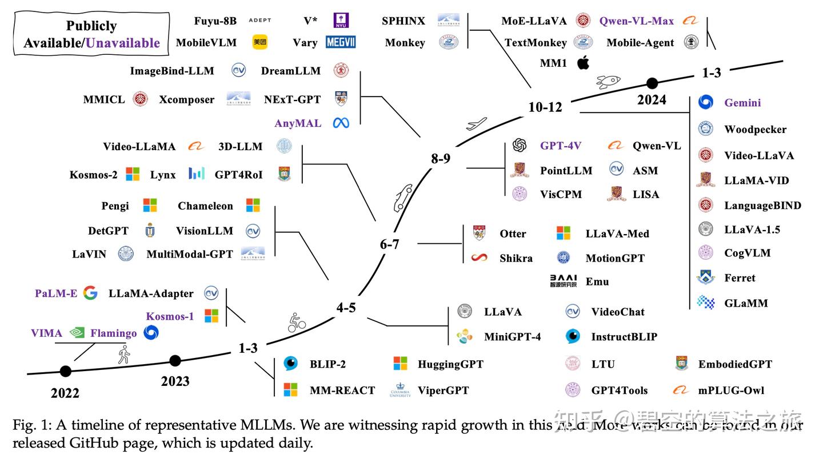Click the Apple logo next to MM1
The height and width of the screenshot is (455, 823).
(x=583, y=63)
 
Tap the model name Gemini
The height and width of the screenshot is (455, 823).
(x=742, y=103)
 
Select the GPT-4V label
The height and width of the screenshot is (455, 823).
(x=560, y=146)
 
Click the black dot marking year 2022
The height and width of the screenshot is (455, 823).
(x=66, y=372)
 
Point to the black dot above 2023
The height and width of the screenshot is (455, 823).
(x=175, y=361)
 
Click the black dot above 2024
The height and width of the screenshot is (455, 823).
(x=652, y=83)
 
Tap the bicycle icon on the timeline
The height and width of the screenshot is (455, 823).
(x=297, y=323)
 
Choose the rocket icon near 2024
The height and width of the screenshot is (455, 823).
(x=608, y=81)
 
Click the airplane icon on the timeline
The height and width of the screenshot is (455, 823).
(x=476, y=124)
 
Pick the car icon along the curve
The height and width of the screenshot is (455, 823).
(x=403, y=197)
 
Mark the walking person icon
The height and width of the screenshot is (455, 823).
(x=124, y=355)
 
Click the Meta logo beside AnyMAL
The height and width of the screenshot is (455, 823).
(x=341, y=123)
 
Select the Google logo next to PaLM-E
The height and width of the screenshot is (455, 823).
(x=90, y=293)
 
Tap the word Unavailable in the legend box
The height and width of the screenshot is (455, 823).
(x=123, y=43)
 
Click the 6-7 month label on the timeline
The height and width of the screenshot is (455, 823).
(x=389, y=244)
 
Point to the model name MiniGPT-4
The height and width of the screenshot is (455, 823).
(x=512, y=337)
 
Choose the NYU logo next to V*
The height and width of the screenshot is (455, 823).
(x=341, y=21)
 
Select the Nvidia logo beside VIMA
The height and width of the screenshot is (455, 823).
(x=77, y=333)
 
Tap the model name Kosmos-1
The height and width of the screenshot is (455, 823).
(x=170, y=316)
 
